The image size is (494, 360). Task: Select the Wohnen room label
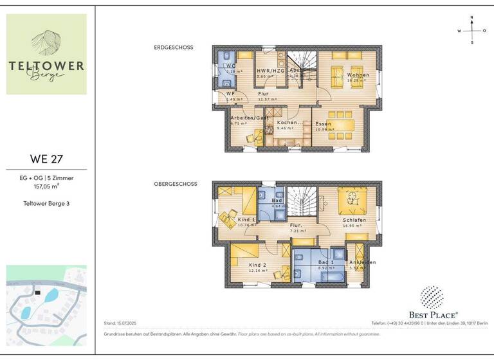358,75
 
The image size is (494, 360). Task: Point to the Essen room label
323,123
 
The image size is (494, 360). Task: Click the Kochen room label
288,122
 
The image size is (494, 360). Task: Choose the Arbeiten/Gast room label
250,118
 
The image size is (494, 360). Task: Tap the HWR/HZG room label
271,71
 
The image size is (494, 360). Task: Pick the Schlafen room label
354,220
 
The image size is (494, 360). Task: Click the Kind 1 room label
246,220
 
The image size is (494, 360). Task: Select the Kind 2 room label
258,265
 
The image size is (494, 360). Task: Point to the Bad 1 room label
326,263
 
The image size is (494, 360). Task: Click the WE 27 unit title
46,158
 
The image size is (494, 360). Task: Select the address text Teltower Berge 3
46,203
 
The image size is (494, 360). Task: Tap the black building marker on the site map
38,292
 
